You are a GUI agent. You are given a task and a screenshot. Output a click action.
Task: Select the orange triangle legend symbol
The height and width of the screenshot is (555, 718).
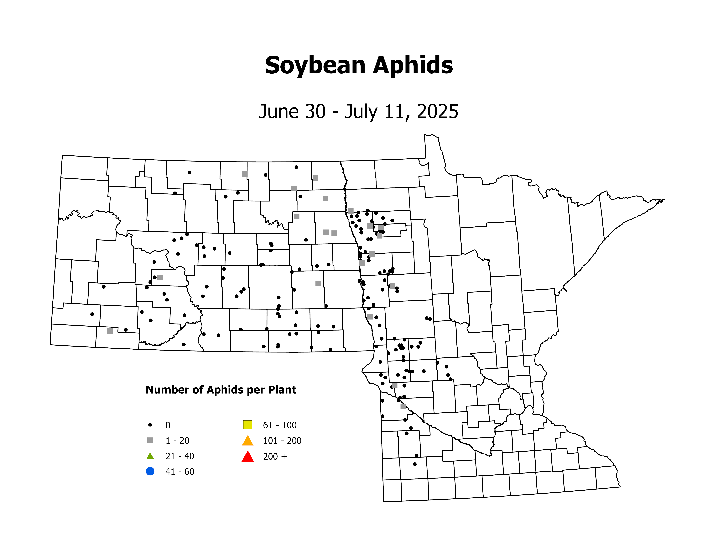[x=248, y=441]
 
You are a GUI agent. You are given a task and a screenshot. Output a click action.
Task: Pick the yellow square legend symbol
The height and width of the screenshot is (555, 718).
[x=248, y=425]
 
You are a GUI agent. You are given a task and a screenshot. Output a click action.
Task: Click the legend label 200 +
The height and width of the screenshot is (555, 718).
[x=275, y=456]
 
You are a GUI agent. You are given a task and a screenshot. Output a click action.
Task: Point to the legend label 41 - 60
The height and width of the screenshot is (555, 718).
[x=179, y=472]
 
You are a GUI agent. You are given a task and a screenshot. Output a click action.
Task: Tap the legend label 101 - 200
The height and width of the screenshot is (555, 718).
[x=282, y=441]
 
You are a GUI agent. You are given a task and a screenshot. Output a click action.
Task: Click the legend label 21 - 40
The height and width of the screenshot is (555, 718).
[x=179, y=456]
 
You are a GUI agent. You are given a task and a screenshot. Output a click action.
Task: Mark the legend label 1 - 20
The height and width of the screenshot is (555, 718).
[x=177, y=441]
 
